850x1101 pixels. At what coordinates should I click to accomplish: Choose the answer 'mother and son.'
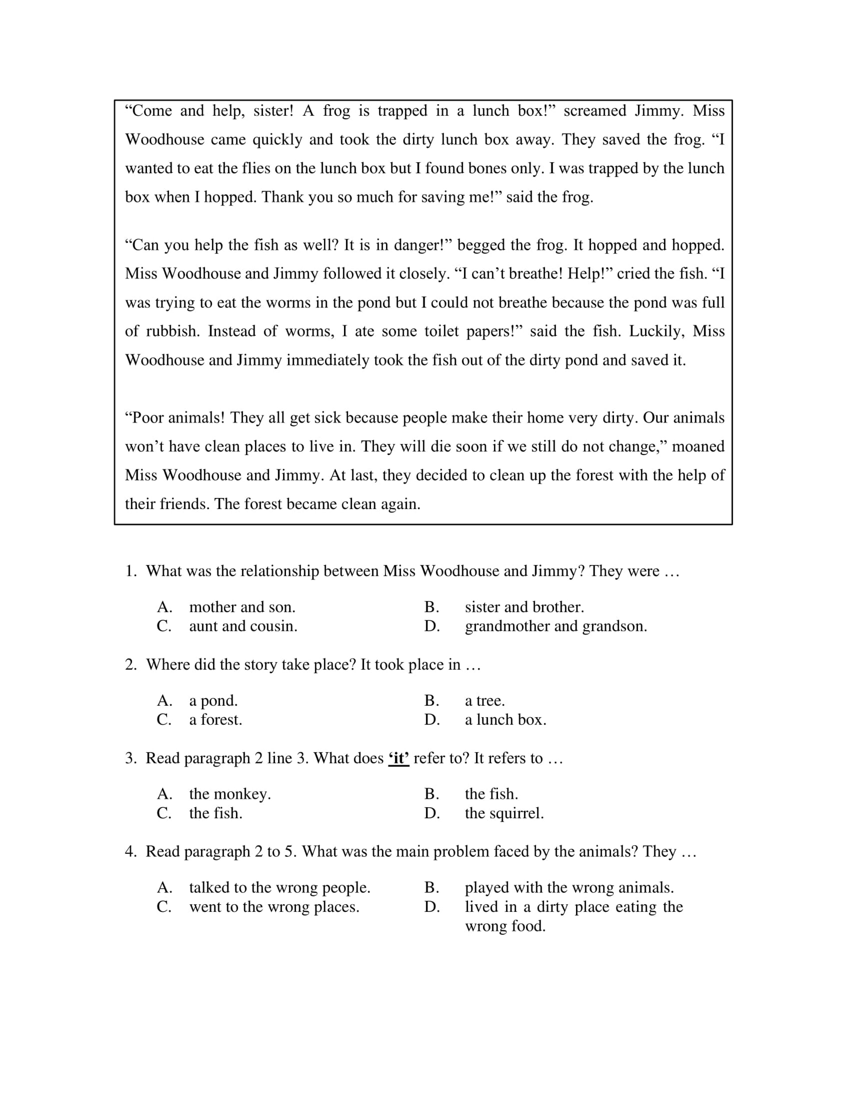pos(242,607)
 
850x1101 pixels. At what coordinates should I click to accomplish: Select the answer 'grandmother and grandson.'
pos(556,626)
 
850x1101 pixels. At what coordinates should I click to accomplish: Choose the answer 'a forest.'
pos(216,720)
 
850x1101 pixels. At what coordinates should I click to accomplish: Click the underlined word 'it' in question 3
pos(398,758)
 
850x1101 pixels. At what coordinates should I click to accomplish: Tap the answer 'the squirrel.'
pos(504,813)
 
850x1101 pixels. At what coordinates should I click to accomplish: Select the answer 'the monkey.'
pos(230,794)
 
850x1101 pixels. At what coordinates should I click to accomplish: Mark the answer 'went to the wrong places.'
pos(274,907)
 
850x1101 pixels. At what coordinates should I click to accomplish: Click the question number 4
pos(131,852)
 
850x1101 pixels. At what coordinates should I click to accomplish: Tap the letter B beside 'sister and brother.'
pos(431,607)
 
